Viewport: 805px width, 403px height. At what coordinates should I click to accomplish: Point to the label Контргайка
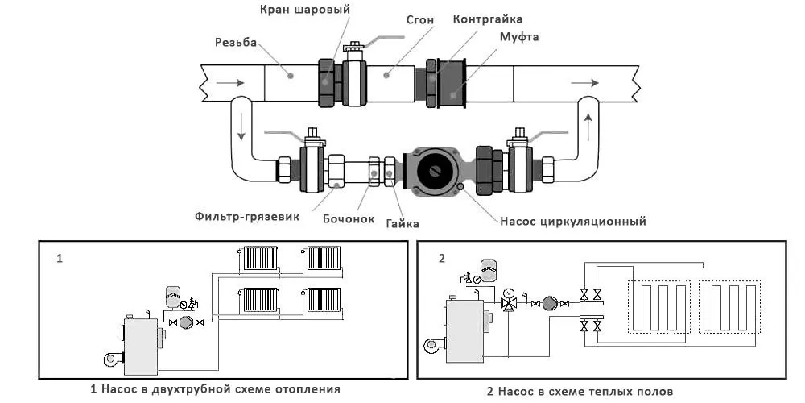[486, 18]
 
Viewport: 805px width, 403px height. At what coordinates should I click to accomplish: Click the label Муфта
[519, 37]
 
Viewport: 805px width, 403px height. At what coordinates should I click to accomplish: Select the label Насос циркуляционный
[572, 220]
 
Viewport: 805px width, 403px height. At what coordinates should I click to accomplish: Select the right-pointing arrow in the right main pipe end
[584, 82]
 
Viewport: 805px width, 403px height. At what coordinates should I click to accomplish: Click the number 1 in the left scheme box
[60, 259]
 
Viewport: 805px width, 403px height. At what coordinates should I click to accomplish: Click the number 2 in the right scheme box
[441, 259]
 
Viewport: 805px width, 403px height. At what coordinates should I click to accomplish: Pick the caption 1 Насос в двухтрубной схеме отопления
[215, 388]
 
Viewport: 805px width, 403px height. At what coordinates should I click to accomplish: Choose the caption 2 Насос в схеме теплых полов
[578, 392]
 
